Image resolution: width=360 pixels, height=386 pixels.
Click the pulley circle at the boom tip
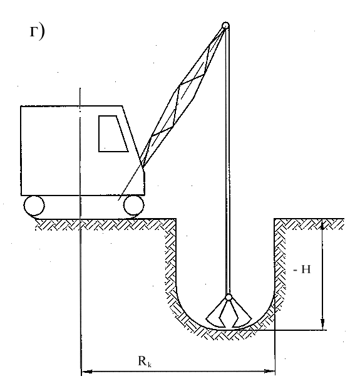(x=225, y=26)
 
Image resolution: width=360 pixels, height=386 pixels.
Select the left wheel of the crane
(x=34, y=206)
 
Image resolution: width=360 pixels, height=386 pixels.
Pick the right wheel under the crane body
(x=133, y=206)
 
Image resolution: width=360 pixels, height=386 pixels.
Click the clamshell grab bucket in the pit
(x=229, y=315)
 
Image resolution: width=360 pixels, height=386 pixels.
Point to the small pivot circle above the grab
(x=229, y=298)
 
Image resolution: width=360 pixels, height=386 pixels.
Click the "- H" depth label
(x=302, y=269)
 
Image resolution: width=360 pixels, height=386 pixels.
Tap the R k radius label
(x=145, y=361)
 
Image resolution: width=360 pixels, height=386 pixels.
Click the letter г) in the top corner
(x=37, y=32)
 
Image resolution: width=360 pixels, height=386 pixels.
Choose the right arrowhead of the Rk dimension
(x=269, y=371)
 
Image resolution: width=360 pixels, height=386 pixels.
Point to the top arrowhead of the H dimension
(x=322, y=224)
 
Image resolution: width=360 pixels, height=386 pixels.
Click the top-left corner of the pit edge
(x=176, y=218)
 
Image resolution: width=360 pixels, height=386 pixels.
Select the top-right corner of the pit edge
(x=274, y=218)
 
